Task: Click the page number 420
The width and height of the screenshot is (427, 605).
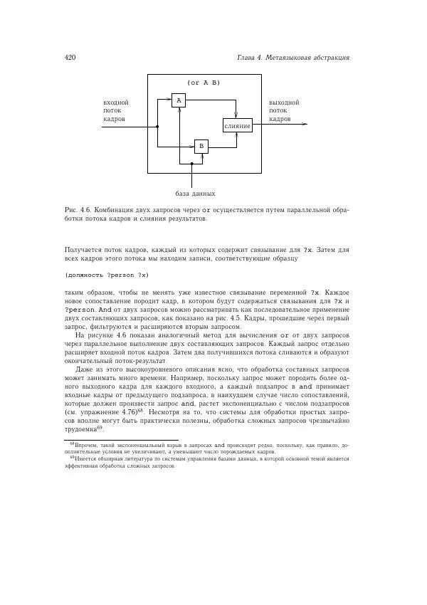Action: pyautogui.click(x=70, y=57)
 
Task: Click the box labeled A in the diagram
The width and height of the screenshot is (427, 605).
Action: pyautogui.click(x=179, y=100)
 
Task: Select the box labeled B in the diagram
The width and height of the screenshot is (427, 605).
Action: pyautogui.click(x=201, y=147)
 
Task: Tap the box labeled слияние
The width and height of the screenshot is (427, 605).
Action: pyautogui.click(x=237, y=126)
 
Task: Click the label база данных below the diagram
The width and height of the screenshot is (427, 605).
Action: pyautogui.click(x=195, y=194)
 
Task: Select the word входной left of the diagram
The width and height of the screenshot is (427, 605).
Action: pyautogui.click(x=117, y=102)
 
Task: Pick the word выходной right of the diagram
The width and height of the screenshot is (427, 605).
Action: pyautogui.click(x=284, y=102)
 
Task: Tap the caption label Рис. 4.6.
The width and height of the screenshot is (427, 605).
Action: pyautogui.click(x=76, y=210)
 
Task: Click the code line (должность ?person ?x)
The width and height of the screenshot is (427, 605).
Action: pyautogui.click(x=106, y=274)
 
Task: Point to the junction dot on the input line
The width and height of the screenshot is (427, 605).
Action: pyautogui.click(x=157, y=127)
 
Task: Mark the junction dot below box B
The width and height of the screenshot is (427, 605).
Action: pyautogui.click(x=192, y=164)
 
